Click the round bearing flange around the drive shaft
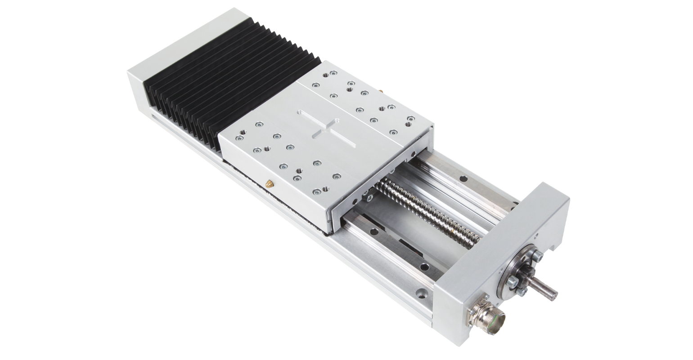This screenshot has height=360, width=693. click(520, 270)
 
